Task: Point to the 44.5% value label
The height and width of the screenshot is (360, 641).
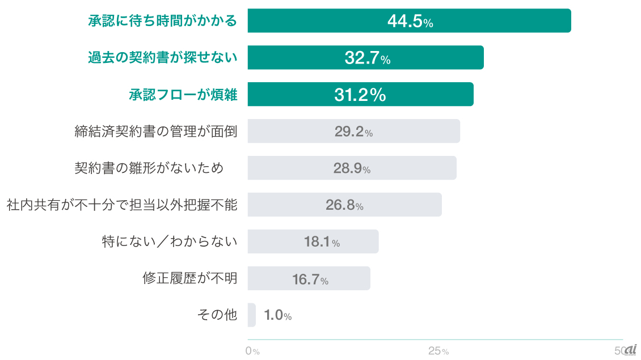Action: (x=410, y=22)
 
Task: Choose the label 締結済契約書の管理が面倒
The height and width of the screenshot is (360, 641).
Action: (x=156, y=132)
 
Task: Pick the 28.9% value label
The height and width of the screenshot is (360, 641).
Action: (x=352, y=169)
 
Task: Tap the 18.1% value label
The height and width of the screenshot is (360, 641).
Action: (x=322, y=242)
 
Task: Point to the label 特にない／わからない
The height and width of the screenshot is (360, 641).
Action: (x=170, y=242)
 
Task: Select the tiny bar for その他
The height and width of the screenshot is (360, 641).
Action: (x=252, y=315)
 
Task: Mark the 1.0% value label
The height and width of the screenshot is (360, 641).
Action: (x=278, y=316)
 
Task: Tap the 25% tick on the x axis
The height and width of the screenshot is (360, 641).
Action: (x=438, y=351)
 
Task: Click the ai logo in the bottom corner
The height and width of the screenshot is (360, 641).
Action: (x=630, y=350)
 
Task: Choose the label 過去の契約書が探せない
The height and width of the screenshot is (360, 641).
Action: (x=162, y=58)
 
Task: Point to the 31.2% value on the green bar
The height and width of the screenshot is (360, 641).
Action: (x=360, y=95)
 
